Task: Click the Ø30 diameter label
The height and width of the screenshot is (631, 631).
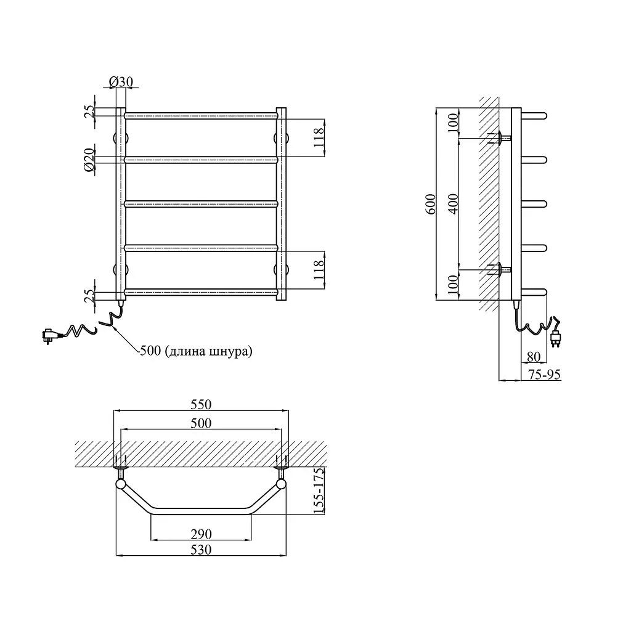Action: point(121,82)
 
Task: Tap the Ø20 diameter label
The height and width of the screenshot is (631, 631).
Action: point(89,160)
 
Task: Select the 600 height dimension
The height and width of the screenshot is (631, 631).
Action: point(431,204)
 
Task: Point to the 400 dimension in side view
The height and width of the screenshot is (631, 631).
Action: point(453,204)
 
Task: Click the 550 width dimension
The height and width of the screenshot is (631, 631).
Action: point(201,404)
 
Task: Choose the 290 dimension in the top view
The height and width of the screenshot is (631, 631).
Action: point(201,534)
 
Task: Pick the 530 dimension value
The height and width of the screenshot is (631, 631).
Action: point(201,549)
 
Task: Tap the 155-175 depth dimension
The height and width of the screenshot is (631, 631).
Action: point(319,491)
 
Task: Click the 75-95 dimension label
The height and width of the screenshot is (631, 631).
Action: point(544,374)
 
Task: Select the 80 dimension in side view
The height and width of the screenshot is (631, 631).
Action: point(533,357)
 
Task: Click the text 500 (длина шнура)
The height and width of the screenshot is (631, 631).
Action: point(196,351)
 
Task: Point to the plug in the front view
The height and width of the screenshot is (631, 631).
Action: point(49,335)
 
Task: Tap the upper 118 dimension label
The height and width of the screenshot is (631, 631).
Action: point(319,137)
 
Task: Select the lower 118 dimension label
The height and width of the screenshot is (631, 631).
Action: point(319,270)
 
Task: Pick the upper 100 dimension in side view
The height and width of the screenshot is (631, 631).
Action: point(453,123)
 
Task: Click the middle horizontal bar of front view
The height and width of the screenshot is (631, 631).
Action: point(202,204)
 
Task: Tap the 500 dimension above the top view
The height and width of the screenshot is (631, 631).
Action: point(201,423)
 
